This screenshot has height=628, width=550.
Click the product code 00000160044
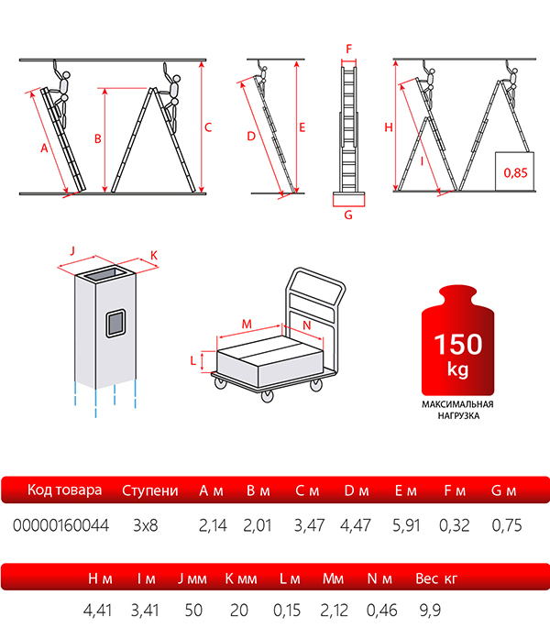[x=60, y=525]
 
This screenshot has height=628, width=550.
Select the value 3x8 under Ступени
[x=146, y=525]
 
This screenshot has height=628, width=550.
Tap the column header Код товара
[x=64, y=490]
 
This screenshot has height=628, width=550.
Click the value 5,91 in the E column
[x=406, y=525]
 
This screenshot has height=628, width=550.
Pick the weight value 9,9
[x=430, y=610]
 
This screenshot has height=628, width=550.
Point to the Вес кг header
[x=436, y=578]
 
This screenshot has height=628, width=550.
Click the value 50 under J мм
[x=193, y=610]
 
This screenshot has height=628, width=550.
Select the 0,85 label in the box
[x=515, y=172]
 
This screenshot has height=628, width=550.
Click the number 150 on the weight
[x=458, y=344]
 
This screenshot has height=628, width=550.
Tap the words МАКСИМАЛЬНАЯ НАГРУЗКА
[x=457, y=410]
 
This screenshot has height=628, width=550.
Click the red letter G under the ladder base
[x=348, y=215]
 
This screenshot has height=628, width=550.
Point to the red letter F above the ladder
[x=349, y=49]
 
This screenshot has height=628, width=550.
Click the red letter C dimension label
[x=208, y=127]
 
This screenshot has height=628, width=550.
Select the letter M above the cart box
[x=247, y=324]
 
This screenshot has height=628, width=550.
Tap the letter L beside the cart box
[x=193, y=360]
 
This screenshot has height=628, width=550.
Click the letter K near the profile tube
[x=154, y=255]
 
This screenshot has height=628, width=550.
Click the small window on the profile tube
[x=115, y=323]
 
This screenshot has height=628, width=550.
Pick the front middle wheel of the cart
[x=267, y=396]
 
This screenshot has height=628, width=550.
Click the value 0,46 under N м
[x=381, y=610]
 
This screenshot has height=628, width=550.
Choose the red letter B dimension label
[x=98, y=138]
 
